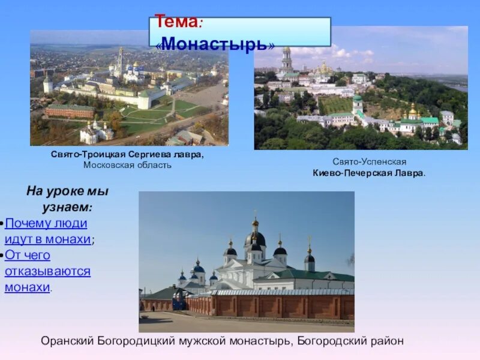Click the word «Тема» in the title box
(x=176, y=23)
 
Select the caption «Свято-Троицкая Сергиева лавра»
(x=127, y=155)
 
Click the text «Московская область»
(x=127, y=166)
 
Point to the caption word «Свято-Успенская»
(x=370, y=162)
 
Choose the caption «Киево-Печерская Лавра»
(x=368, y=173)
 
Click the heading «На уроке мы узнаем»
(x=67, y=199)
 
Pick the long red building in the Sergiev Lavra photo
(x=70, y=111)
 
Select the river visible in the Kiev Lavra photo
(x=457, y=88)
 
